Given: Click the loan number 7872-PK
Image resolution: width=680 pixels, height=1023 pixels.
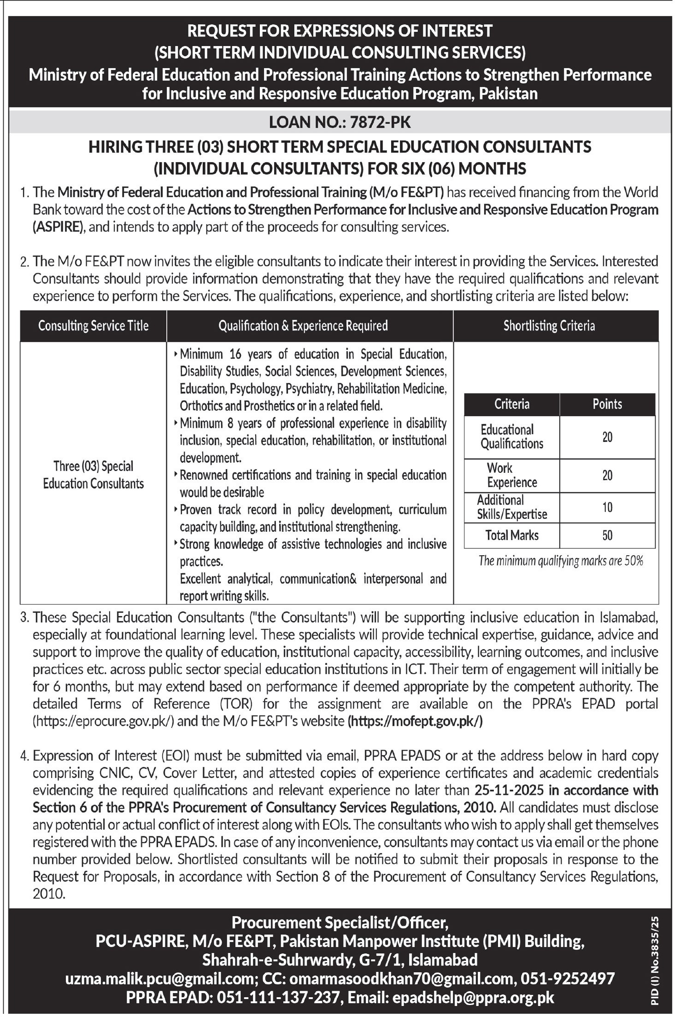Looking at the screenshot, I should click(380, 122).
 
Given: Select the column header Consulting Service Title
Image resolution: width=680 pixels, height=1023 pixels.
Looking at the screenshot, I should click(93, 326).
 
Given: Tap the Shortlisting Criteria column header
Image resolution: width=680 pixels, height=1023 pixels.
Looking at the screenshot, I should click(549, 326).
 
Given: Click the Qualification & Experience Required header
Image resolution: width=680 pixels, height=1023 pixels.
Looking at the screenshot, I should click(303, 326).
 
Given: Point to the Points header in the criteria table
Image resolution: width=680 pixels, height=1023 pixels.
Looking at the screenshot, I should click(607, 404).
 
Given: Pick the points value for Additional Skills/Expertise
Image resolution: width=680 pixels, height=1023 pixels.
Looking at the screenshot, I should click(607, 507).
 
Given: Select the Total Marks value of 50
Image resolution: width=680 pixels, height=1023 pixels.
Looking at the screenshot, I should click(607, 535).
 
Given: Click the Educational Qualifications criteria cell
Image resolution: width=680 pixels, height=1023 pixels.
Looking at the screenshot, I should click(512, 437).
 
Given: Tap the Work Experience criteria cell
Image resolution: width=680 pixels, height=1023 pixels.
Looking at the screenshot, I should click(512, 475).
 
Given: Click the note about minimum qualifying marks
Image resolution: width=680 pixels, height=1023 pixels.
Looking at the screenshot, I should click(561, 561).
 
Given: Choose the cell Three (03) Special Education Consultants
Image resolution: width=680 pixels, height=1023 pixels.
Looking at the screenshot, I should click(93, 475).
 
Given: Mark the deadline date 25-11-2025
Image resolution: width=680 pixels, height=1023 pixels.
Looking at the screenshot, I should click(510, 790).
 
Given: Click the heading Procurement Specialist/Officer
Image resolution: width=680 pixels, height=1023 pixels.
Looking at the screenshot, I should click(340, 923).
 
